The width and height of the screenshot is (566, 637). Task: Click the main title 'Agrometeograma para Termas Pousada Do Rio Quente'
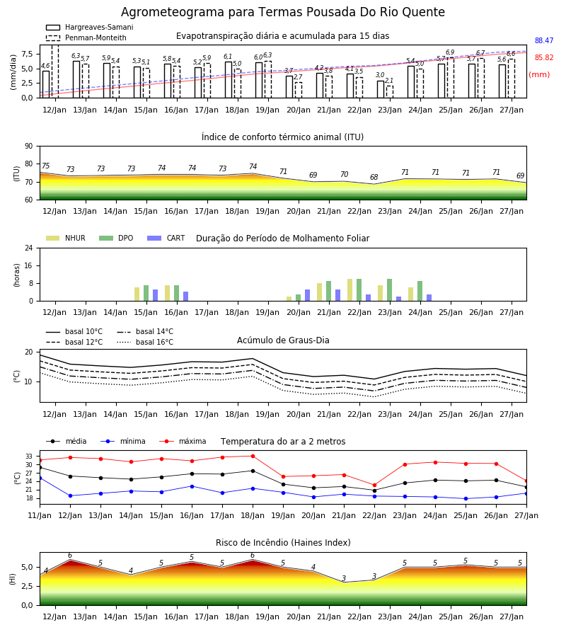pyautogui.click(x=282, y=12)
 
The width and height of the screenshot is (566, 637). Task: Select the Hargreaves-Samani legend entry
pyautogui.click(x=89, y=27)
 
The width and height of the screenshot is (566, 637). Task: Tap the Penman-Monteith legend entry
pyautogui.click(x=86, y=38)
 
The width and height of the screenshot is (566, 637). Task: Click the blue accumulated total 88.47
pyautogui.click(x=544, y=40)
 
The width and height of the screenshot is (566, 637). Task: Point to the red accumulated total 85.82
pyautogui.click(x=544, y=58)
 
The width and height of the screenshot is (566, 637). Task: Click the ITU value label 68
pyautogui.click(x=374, y=177)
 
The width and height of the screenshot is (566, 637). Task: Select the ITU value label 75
pyautogui.click(x=45, y=166)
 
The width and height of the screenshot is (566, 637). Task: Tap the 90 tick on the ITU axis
pyautogui.click(x=29, y=147)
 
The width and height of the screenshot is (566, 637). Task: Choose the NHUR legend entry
pyautogui.click(x=66, y=238)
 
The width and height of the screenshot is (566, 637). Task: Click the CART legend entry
pyautogui.click(x=166, y=238)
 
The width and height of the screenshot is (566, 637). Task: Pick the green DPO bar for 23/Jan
pyautogui.click(x=389, y=290)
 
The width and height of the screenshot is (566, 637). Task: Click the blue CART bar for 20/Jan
pyautogui.click(x=307, y=295)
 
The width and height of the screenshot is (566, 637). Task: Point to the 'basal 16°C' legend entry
pyautogui.click(x=145, y=342)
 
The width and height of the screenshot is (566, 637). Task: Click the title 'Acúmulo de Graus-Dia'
pyautogui.click(x=283, y=340)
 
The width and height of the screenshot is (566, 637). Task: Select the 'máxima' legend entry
pyautogui.click(x=183, y=441)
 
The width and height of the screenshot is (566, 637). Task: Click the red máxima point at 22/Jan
pyautogui.click(x=374, y=485)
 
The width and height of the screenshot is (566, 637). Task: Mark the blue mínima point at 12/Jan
pyautogui.click(x=70, y=495)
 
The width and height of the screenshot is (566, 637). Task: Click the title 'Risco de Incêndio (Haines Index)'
pyautogui.click(x=283, y=543)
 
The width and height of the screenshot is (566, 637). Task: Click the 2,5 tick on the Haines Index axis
pyautogui.click(x=27, y=586)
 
